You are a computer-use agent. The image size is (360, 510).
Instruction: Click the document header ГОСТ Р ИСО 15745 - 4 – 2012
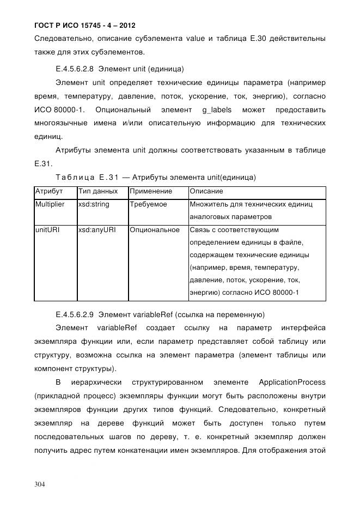pos(85,25)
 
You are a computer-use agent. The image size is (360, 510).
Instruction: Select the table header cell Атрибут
pos(49,192)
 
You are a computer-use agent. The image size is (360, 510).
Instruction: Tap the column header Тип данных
pos(98,192)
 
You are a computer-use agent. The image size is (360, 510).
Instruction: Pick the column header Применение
pos(151,192)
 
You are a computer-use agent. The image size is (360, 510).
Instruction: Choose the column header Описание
pos(206,192)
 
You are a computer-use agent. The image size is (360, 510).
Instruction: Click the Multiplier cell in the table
pos(50,205)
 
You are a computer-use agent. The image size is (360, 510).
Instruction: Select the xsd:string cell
pos(94,205)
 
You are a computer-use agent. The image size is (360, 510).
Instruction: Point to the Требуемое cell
pos(149,205)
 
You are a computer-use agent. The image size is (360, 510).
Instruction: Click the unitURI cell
pos(47,230)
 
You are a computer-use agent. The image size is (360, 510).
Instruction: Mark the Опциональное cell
pos(155,230)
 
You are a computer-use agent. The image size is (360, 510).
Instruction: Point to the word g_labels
pos(216,110)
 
